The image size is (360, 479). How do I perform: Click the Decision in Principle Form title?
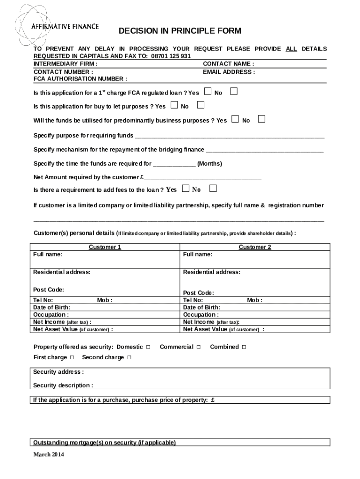(x=180, y=31)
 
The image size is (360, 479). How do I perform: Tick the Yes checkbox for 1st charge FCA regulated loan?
(x=208, y=91)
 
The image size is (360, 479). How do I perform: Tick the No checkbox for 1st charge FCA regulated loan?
(x=234, y=91)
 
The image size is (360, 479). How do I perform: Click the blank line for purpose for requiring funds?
(x=229, y=137)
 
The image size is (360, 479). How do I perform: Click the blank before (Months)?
(x=174, y=164)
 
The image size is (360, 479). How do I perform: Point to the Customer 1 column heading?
(x=105, y=247)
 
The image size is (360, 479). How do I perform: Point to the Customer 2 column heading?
(x=255, y=247)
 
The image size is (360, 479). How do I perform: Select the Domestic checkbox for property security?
(x=148, y=347)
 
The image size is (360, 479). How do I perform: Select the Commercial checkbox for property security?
(x=199, y=347)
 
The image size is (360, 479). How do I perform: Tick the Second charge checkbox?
(x=129, y=358)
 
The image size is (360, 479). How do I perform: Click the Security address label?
(x=58, y=372)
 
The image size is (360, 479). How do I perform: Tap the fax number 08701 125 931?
(x=170, y=56)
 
